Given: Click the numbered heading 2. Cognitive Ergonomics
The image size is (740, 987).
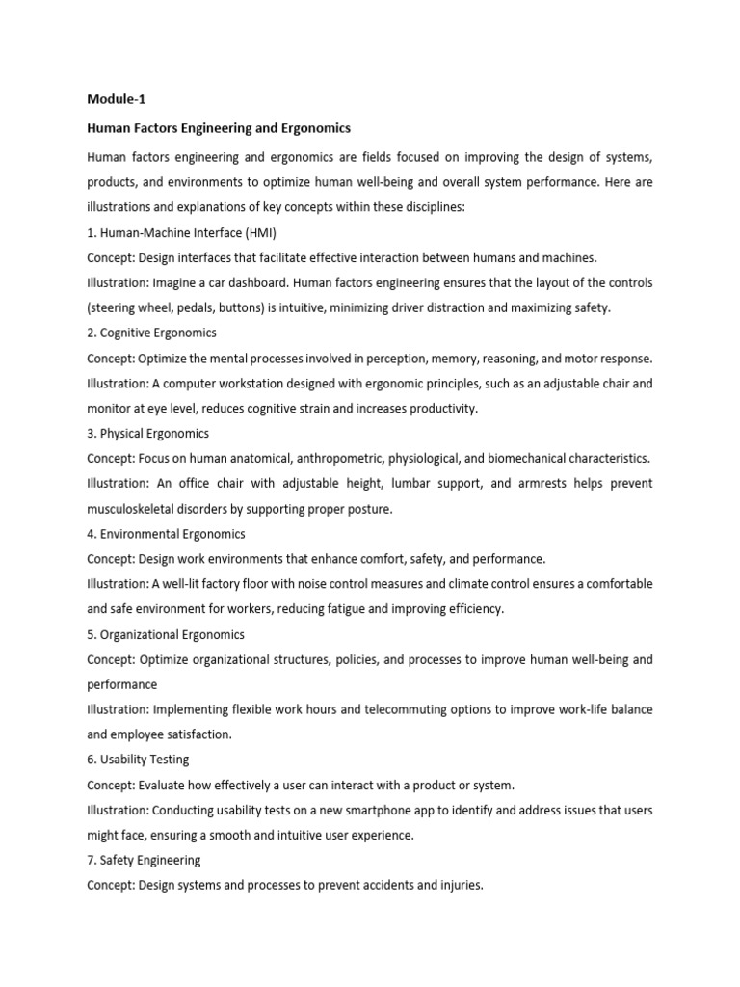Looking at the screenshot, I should click(x=152, y=333).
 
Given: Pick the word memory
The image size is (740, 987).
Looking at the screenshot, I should click(x=454, y=359).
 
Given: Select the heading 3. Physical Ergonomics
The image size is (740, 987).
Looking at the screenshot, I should click(x=148, y=433).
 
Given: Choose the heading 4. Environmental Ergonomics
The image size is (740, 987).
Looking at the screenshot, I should click(x=166, y=533).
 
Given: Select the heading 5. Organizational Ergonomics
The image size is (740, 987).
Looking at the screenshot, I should click(x=166, y=634).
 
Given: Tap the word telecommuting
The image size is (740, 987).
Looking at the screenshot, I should click(x=419, y=709).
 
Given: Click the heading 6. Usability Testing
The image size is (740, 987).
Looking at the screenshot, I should click(x=138, y=760).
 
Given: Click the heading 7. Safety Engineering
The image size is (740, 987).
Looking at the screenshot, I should click(x=145, y=860).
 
